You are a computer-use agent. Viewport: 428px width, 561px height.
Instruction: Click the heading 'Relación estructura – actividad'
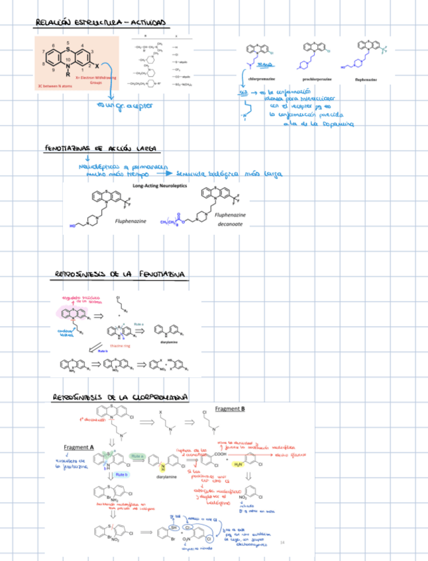(101, 24)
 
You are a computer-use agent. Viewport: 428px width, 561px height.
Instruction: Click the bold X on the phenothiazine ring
(98, 67)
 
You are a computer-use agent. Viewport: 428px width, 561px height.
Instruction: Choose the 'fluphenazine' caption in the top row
(366, 79)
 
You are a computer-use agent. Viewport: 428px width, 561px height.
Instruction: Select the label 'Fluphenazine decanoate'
(231, 220)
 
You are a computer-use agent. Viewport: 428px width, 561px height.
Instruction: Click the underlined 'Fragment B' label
(230, 409)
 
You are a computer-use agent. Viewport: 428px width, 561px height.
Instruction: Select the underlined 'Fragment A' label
(79, 447)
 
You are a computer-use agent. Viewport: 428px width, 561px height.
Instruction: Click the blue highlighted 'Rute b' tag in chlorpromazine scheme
(120, 474)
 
